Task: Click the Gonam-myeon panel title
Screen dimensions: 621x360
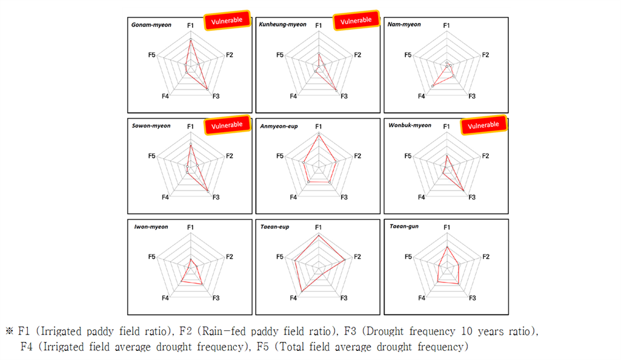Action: pos(151,25)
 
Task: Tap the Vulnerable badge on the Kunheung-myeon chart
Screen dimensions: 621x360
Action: pos(356,20)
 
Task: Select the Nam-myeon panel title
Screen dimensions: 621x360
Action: pos(404,24)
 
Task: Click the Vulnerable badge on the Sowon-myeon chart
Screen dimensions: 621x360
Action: pos(227,125)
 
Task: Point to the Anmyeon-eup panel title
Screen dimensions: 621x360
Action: pos(279,126)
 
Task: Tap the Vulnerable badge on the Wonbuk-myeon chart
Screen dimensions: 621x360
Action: pos(483,125)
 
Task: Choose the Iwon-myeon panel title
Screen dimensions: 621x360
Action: pos(151,227)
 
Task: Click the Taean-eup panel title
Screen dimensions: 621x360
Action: pos(275,227)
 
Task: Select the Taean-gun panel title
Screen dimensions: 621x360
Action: pos(404,226)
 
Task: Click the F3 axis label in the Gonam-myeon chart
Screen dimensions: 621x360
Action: pos(216,96)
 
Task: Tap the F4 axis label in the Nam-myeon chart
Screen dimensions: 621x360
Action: pos(422,96)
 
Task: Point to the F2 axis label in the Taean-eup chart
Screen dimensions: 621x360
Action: pos(357,256)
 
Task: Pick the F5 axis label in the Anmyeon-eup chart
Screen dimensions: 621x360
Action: pos(280,156)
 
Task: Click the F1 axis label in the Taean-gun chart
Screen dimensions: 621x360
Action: pos(447,227)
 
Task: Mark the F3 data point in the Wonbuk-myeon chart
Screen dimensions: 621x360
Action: pos(463,191)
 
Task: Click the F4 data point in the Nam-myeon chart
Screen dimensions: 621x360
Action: pos(433,86)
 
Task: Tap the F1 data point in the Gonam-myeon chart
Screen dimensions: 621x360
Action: pos(190,40)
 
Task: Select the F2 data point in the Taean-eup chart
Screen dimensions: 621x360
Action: pos(345,260)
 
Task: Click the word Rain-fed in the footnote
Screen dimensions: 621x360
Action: pos(223,331)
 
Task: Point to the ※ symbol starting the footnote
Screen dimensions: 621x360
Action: pos(10,331)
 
